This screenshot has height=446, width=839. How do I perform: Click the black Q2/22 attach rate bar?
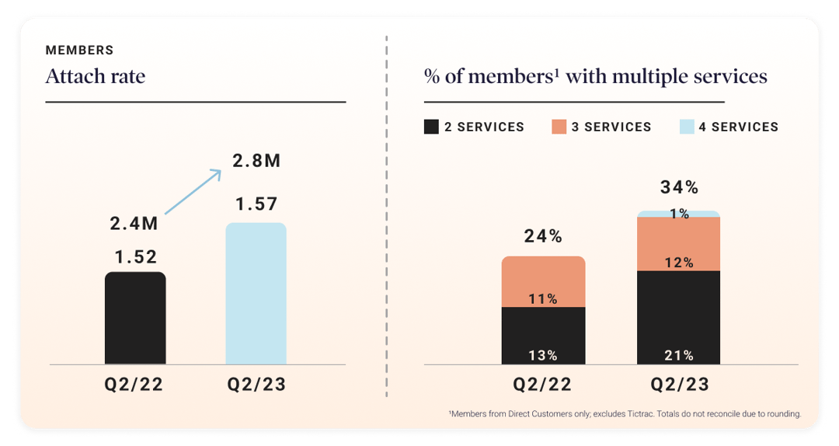click(135, 319)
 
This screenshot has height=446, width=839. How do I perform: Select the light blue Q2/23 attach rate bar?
click(256, 295)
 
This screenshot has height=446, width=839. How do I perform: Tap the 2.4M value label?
click(134, 224)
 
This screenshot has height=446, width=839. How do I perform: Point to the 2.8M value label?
click(256, 162)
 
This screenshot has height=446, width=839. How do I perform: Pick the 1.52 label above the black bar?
click(135, 257)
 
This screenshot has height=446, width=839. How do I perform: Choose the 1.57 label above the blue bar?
click(256, 205)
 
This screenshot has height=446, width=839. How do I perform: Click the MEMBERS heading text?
click(79, 51)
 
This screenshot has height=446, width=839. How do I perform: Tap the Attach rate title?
click(96, 77)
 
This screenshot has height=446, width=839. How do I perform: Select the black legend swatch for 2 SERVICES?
click(431, 127)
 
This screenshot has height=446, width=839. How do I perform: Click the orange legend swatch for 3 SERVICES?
click(559, 127)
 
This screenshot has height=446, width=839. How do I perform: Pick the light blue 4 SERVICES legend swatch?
click(686, 127)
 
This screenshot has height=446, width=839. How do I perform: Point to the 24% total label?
click(543, 237)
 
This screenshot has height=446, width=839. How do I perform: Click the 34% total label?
click(679, 187)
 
